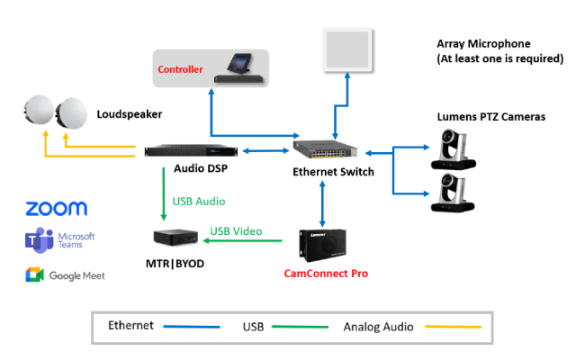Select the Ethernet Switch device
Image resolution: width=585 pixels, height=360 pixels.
pos(329,149)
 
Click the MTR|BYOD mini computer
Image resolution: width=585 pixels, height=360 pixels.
pos(175,239)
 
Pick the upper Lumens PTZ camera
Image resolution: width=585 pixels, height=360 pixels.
pos(458,148)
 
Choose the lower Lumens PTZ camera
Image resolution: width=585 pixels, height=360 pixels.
pos(458,192)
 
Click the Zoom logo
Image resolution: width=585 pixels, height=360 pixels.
pos(56,209)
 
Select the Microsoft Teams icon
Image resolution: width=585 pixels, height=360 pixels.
pos(36,240)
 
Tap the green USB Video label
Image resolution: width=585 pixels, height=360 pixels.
pos(236,231)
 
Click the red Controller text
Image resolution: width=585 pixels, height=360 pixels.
pos(180,69)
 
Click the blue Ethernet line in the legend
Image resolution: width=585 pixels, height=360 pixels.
pos(190,327)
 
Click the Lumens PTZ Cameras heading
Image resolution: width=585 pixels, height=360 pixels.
pos(490,117)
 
